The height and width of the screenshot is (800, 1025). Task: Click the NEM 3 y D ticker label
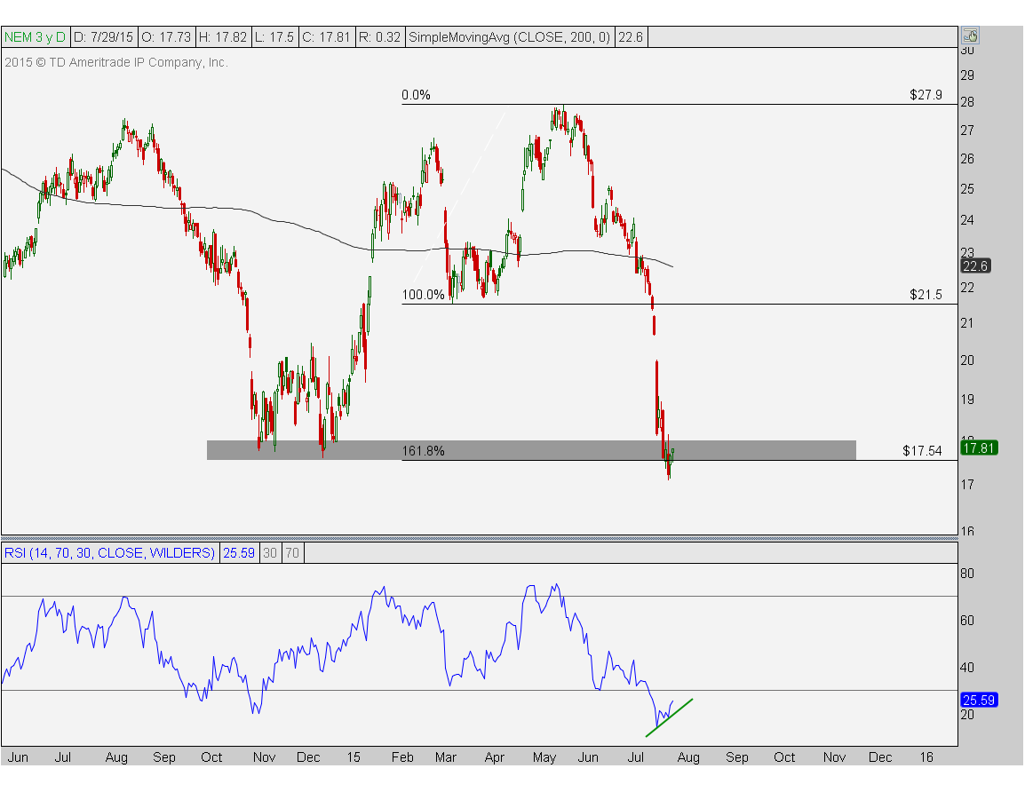pyautogui.click(x=35, y=37)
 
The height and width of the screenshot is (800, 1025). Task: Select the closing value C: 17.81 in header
pyautogui.click(x=326, y=37)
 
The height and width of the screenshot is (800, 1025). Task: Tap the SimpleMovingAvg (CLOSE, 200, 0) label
pyautogui.click(x=509, y=37)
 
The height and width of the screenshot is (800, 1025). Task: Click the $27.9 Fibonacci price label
pyautogui.click(x=926, y=95)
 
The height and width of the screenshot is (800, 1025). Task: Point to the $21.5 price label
pyautogui.click(x=926, y=295)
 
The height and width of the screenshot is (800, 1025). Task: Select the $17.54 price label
pyautogui.click(x=922, y=451)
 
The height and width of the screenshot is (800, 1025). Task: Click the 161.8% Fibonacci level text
pyautogui.click(x=423, y=451)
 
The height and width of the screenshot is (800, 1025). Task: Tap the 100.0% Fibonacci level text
pyautogui.click(x=423, y=295)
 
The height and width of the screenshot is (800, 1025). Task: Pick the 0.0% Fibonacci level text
pyautogui.click(x=416, y=95)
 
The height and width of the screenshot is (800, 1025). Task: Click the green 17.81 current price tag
pyautogui.click(x=979, y=448)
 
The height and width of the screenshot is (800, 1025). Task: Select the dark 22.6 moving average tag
pyautogui.click(x=975, y=266)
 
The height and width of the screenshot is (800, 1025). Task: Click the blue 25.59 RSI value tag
pyautogui.click(x=979, y=700)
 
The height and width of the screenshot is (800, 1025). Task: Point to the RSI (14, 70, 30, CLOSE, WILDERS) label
pyautogui.click(x=109, y=553)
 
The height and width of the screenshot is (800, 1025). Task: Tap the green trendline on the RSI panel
pyautogui.click(x=669, y=718)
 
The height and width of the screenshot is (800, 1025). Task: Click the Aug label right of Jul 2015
pyautogui.click(x=688, y=756)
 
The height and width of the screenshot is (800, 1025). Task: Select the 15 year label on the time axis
pyautogui.click(x=354, y=756)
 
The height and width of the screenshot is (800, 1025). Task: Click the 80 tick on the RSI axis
pyautogui.click(x=966, y=574)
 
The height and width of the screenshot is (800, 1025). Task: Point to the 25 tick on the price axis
pyautogui.click(x=966, y=189)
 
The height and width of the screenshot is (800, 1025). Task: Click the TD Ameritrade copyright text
pyautogui.click(x=116, y=63)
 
